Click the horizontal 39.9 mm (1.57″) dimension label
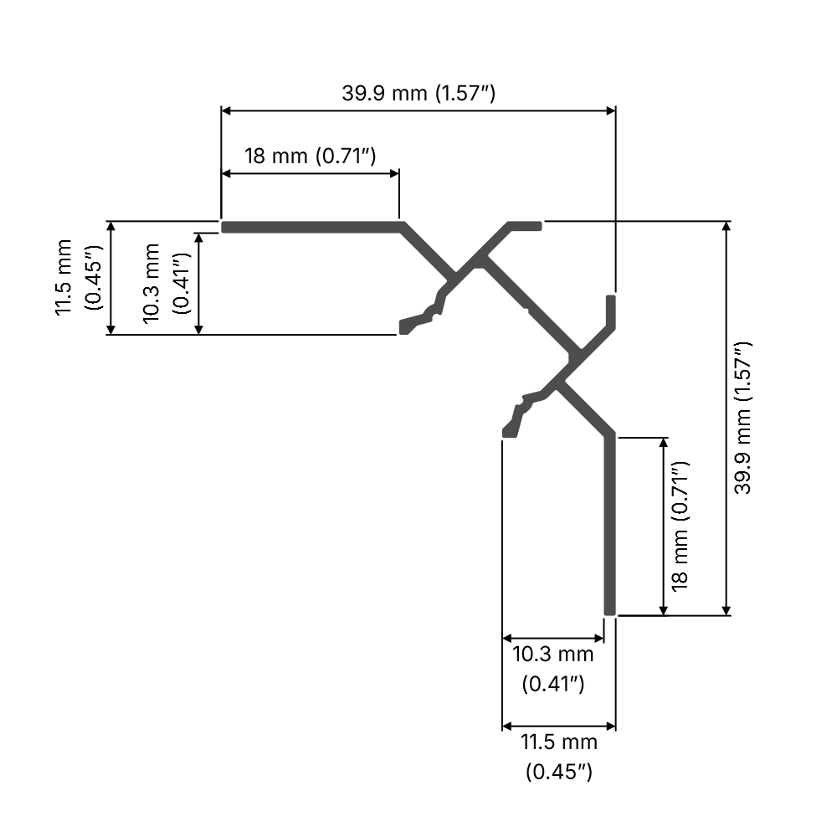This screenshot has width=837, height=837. [418, 93]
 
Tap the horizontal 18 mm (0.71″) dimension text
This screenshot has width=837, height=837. [309, 157]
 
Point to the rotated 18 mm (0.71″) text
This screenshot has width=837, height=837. [680, 526]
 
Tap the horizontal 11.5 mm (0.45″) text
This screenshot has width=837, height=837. [559, 756]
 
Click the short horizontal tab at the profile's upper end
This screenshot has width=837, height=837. [526, 225]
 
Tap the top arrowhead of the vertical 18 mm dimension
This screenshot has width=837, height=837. [665, 443]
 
